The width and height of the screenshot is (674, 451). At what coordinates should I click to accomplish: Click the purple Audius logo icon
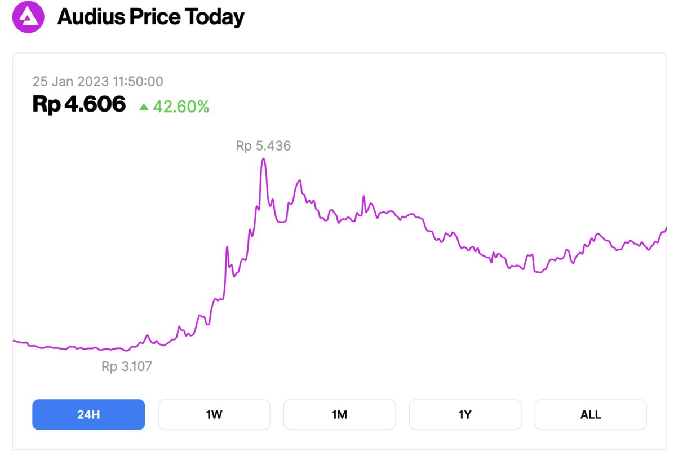coord(28,17)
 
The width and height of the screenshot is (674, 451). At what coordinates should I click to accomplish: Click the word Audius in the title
coord(91,17)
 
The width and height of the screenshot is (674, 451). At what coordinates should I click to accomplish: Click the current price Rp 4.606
coord(79,104)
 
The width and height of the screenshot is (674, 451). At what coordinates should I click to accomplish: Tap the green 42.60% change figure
coord(181,107)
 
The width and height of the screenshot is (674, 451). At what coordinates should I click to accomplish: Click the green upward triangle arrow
coord(144,107)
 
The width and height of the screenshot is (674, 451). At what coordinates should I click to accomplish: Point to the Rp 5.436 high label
coord(263,146)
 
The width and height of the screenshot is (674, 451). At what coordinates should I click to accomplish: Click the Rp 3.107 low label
coord(127,366)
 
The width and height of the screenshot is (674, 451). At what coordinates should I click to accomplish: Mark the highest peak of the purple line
coord(263,159)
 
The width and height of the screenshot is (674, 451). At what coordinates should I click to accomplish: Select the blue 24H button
coord(88,415)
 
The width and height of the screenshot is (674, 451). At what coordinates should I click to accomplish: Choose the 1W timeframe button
coord(214,415)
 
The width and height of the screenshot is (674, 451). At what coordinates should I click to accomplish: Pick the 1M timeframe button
coord(339,415)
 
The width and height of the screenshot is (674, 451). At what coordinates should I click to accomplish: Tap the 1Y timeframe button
coord(465,415)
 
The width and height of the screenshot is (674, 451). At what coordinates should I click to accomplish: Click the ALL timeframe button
coord(591,415)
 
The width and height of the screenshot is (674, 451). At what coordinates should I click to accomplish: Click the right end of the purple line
coord(666,228)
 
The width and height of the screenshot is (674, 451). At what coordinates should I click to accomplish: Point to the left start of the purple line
coord(14,341)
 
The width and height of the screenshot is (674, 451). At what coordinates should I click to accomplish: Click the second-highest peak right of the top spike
coord(300,180)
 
